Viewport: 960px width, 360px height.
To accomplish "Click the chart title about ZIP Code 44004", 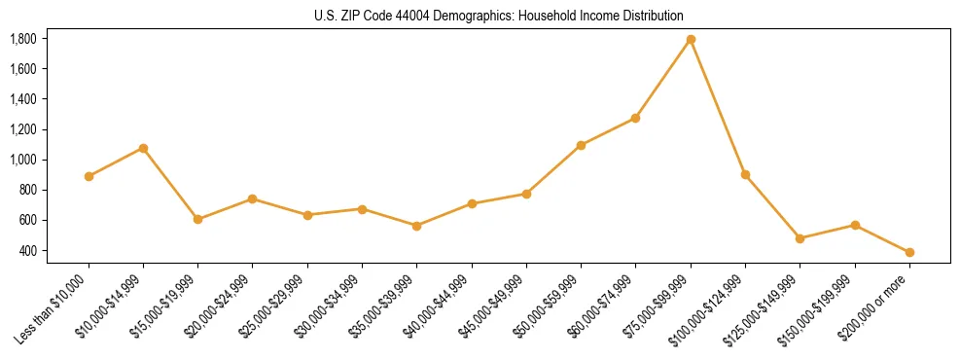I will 499,16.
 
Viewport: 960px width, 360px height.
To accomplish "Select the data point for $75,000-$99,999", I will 691,40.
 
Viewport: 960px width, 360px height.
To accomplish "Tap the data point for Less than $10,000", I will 89,176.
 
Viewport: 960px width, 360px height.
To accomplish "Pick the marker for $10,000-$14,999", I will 143,148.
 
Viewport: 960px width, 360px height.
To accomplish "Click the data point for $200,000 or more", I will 909,252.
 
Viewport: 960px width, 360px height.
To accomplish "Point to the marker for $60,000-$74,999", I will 636,118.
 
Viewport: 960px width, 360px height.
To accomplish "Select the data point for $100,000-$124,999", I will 745,175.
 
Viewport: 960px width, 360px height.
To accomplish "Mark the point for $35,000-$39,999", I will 417,226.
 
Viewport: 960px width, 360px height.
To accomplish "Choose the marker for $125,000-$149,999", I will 800,238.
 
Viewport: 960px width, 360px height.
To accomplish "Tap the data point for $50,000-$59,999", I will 581,145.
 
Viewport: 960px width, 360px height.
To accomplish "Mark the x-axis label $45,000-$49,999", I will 494,306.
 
